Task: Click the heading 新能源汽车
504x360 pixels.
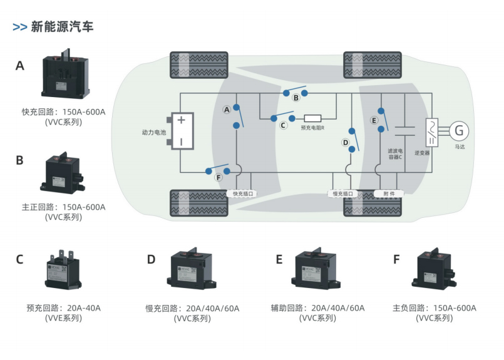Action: coord(62,27)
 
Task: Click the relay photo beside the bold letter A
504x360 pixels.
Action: coord(64,76)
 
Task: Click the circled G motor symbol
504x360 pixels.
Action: coord(459,131)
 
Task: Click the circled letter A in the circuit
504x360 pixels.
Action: coord(227,109)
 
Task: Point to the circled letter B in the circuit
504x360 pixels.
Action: coord(296,98)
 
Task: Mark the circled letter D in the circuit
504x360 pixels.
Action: coord(345,143)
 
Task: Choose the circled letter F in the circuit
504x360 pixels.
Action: coord(218,178)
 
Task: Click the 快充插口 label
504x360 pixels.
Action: coord(243,194)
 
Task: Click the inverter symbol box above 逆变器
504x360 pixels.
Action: coord(431,131)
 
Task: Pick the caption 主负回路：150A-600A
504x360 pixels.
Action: coord(435,308)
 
